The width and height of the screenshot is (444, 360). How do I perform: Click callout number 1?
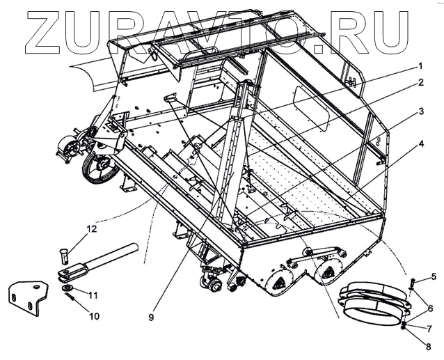click(420, 66)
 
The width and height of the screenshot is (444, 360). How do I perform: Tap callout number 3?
click(420, 111)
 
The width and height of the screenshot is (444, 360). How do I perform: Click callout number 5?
click(434, 276)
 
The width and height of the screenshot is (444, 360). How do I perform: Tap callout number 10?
click(94, 316)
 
